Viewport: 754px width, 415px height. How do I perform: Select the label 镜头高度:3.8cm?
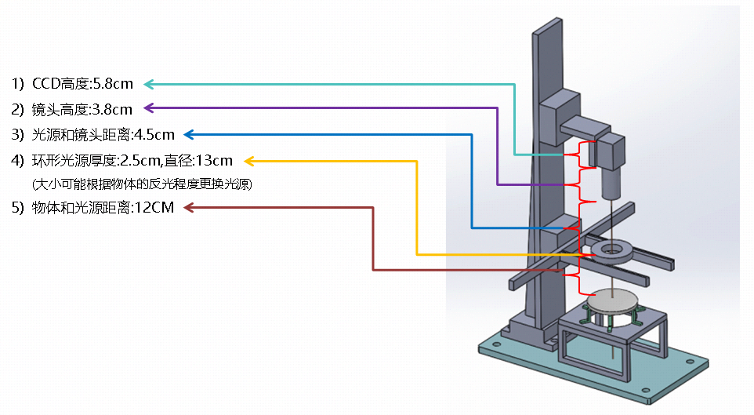[82, 108]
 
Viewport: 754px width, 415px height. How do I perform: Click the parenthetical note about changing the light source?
[141, 184]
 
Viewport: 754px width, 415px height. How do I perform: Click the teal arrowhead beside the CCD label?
[148, 83]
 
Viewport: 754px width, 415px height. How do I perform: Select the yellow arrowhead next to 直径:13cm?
[248, 161]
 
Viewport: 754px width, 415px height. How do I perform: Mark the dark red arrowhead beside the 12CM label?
[187, 207]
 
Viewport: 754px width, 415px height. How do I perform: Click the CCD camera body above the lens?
[610, 151]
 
